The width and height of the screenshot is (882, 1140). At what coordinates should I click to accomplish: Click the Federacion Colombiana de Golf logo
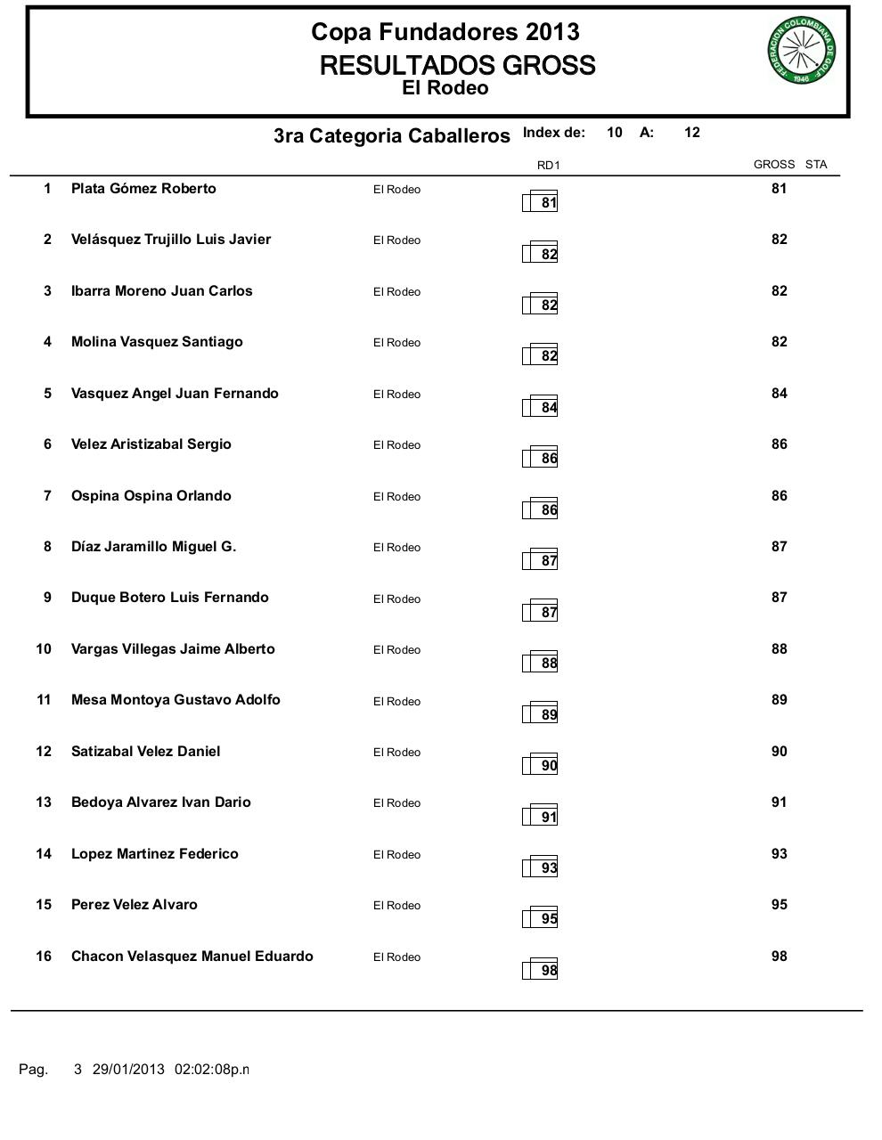[800, 51]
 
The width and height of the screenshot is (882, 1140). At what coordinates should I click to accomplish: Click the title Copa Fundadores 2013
[445, 32]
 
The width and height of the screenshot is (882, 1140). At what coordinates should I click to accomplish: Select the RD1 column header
[548, 165]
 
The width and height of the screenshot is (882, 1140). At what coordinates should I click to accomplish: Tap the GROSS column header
[773, 164]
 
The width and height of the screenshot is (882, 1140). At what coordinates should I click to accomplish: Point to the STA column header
[816, 164]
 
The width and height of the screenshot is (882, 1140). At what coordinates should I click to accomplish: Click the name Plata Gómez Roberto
[143, 189]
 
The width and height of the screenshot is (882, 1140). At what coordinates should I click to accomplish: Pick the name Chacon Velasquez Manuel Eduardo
[192, 957]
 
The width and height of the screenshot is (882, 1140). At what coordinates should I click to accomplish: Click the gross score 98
[780, 957]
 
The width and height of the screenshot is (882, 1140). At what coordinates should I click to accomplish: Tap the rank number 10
[44, 649]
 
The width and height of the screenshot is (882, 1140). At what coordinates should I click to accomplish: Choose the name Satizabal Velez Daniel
[146, 752]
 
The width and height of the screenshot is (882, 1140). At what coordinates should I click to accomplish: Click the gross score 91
[780, 802]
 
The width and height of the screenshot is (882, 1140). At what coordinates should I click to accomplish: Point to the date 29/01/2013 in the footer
[128, 1069]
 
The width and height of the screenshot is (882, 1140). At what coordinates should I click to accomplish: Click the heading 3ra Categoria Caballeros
[392, 135]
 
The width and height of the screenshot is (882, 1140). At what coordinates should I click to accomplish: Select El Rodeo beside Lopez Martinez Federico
[396, 855]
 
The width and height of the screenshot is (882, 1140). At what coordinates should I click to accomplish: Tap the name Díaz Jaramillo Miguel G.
[154, 547]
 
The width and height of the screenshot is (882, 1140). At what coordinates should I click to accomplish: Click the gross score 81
[780, 189]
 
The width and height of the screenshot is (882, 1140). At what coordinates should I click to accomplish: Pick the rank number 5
[48, 394]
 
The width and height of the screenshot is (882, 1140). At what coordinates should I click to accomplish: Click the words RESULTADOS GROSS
[457, 65]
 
